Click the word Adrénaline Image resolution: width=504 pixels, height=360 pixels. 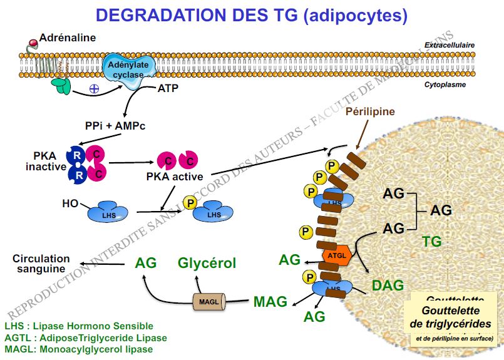tap(68, 38)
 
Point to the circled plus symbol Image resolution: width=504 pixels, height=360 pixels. tap(94, 89)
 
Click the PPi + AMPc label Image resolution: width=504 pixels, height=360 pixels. tap(115, 125)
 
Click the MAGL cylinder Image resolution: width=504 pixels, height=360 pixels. tap(210, 302)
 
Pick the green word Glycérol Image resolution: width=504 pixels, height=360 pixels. tap(207, 263)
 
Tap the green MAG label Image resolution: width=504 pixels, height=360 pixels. tap(270, 302)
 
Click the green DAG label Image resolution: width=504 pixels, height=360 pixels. tap(388, 285)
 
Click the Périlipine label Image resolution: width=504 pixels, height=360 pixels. tap(371, 111)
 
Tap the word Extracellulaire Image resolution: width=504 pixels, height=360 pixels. tap(449, 45)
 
